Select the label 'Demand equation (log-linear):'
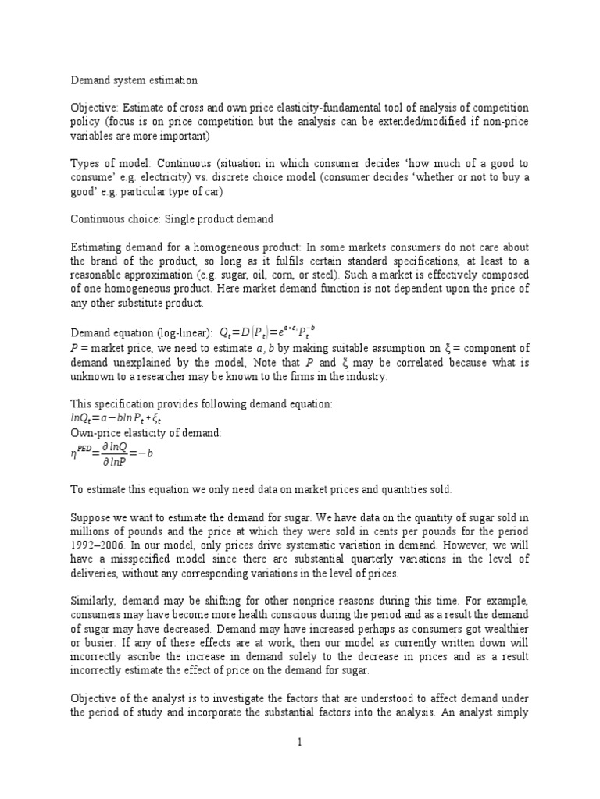point(137,332)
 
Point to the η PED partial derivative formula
point(115,453)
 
